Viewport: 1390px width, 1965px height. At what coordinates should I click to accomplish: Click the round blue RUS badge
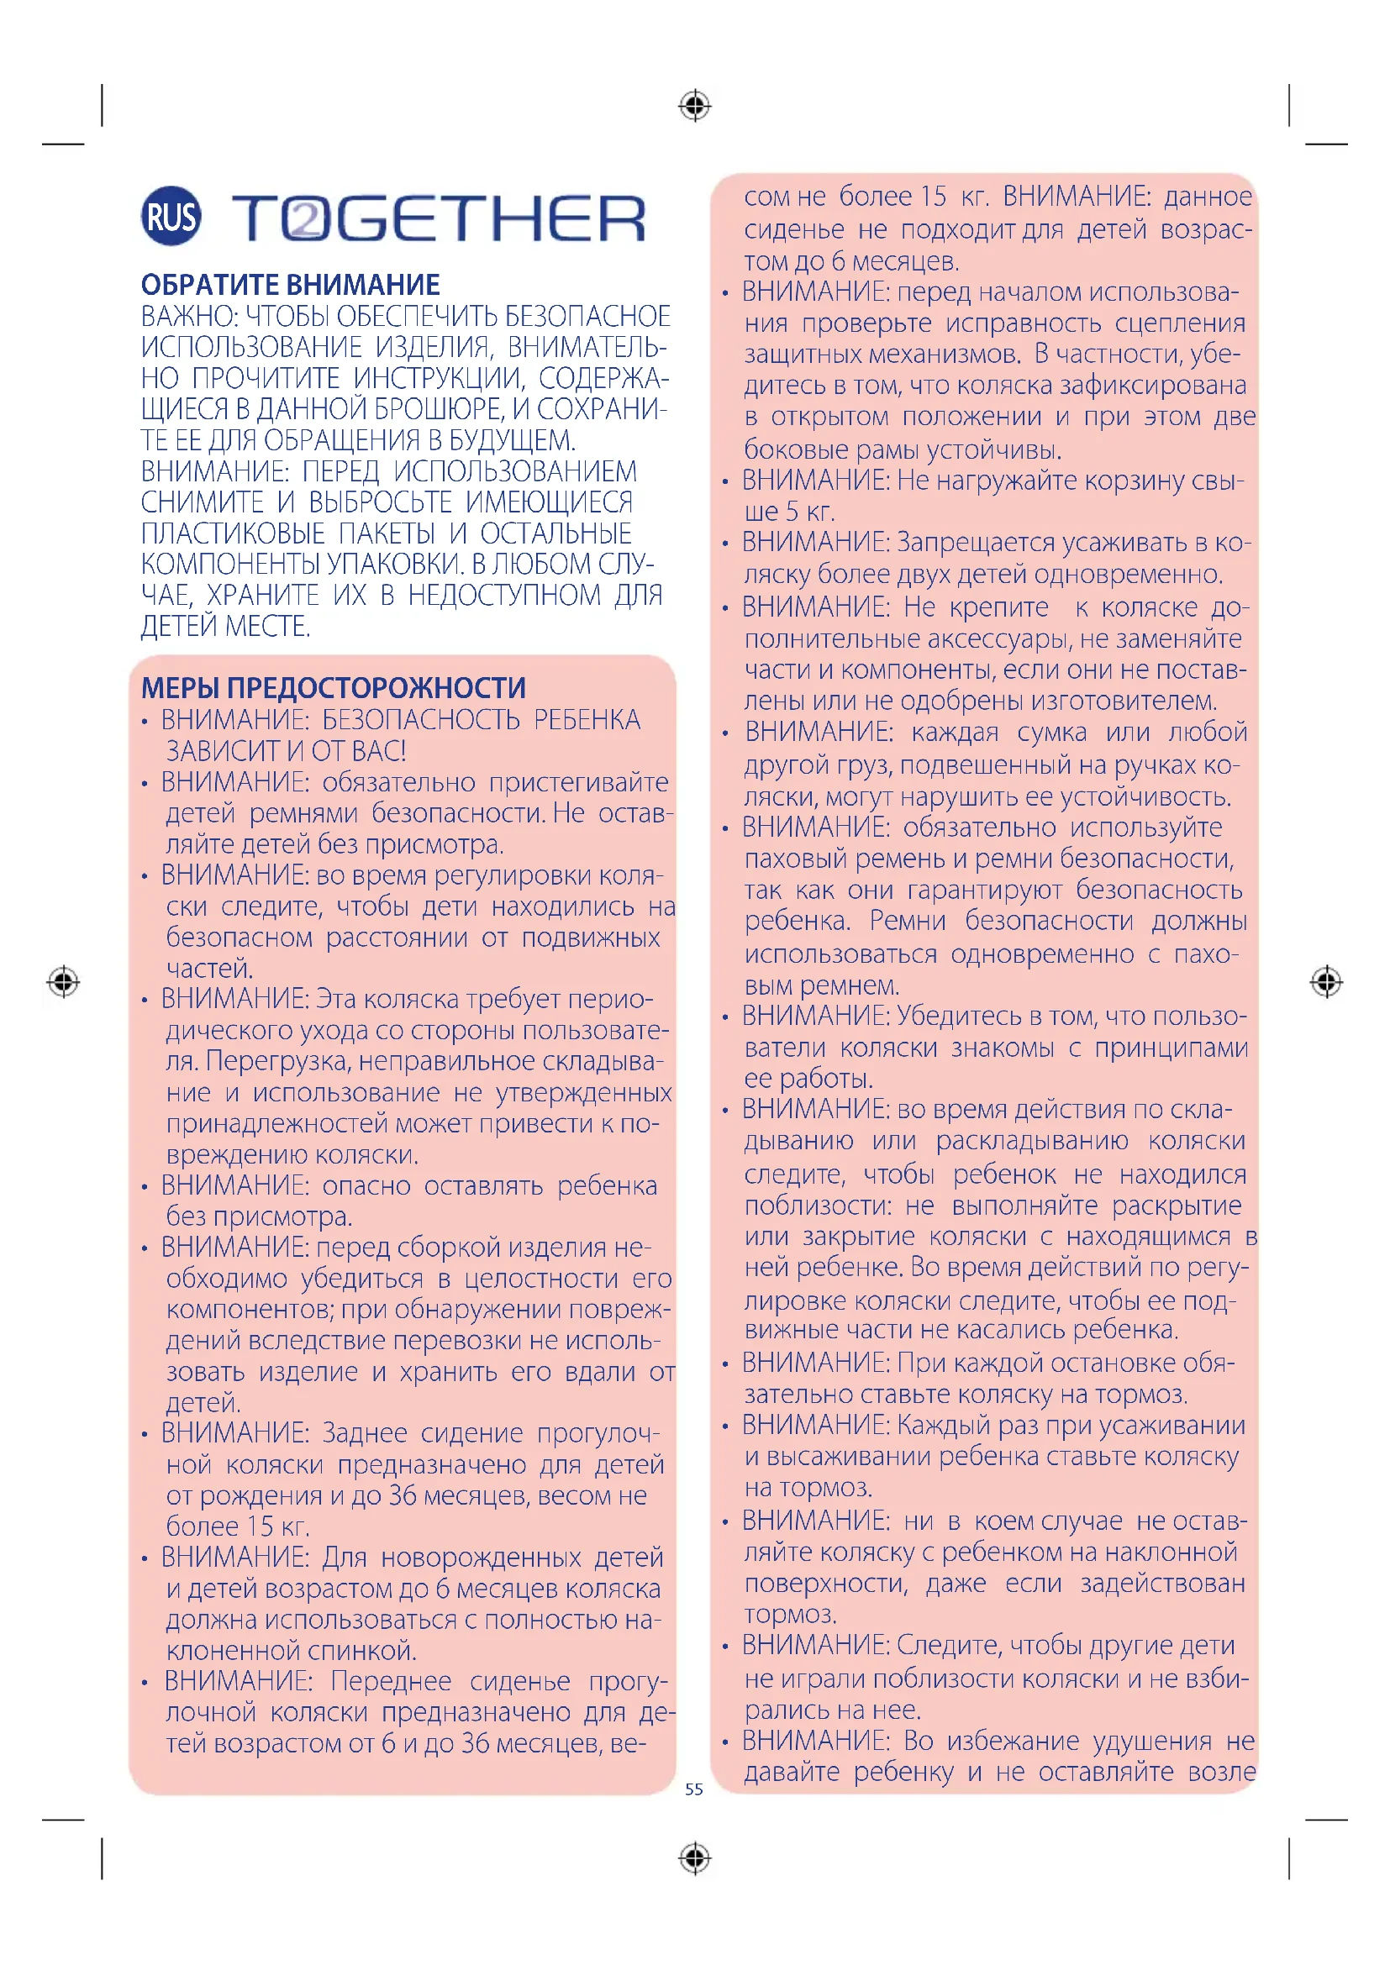(x=171, y=216)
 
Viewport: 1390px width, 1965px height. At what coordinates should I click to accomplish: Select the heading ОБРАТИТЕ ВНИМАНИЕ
(x=290, y=284)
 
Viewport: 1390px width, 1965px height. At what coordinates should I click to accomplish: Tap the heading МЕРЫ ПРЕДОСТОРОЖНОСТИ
(x=333, y=687)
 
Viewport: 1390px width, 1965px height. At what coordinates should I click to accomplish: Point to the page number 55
(x=694, y=1789)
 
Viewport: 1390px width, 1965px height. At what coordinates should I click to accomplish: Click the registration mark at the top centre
(x=694, y=106)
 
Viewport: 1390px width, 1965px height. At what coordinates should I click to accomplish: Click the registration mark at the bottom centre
(x=694, y=1858)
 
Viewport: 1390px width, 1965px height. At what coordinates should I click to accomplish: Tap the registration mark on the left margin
(x=63, y=980)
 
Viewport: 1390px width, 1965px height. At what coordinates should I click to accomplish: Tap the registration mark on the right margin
(x=1326, y=981)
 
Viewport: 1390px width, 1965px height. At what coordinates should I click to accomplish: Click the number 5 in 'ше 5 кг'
(x=792, y=512)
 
